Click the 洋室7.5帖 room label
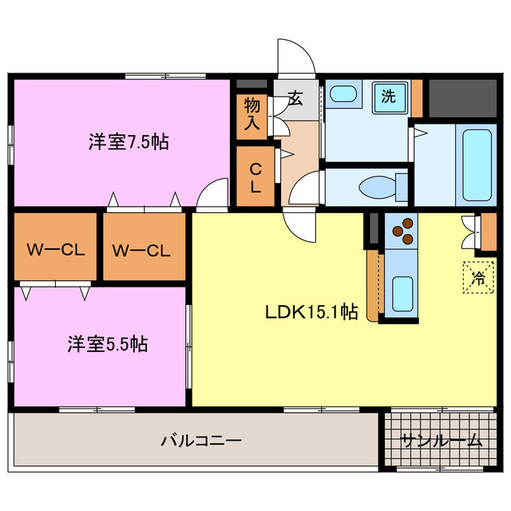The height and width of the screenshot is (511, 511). coord(128,143)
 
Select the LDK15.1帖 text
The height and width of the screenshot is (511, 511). coord(311,312)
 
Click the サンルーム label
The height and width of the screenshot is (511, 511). coord(442,440)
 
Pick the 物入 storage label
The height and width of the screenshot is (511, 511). coord(252,113)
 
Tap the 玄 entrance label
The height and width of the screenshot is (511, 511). coord(295,98)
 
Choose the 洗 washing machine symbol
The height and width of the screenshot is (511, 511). coord(388,97)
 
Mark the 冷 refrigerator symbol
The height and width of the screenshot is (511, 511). coord(478,278)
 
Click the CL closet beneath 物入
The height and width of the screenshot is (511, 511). coord(254,177)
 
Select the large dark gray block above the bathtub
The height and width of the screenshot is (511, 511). coord(463,97)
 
